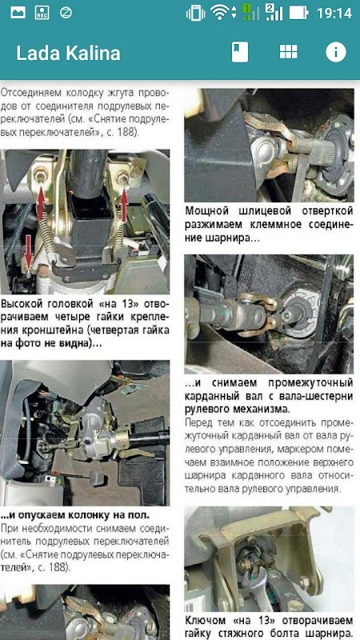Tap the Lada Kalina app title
[68, 54]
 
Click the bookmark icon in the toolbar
[239, 52]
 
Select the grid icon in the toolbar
[288, 52]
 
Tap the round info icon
[335, 52]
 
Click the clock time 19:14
[334, 13]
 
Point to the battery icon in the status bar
[298, 13]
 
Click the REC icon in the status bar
[42, 13]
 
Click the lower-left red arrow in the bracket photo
[28, 250]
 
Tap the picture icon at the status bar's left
[18, 13]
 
